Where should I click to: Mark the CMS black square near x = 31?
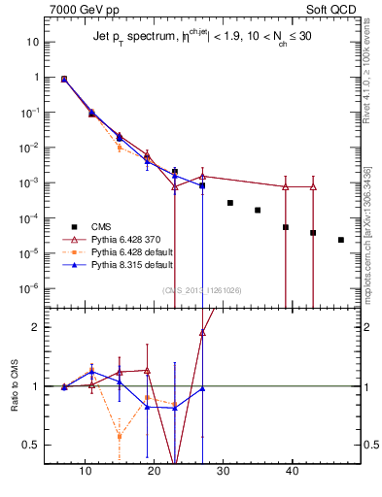click(230, 203)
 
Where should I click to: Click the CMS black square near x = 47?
click(341, 240)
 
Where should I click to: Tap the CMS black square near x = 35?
click(258, 210)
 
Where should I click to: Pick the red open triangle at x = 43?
click(313, 186)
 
